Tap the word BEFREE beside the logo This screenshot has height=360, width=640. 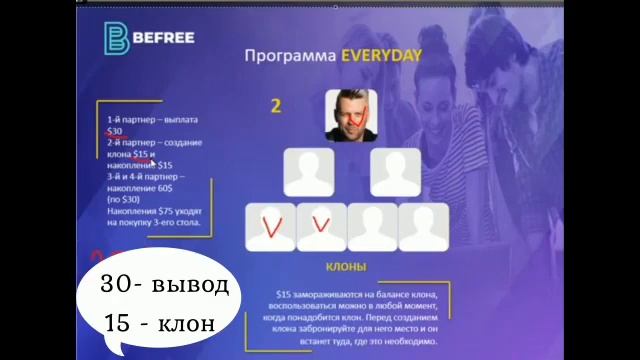coord(159,40)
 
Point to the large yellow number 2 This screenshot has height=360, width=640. coord(277,106)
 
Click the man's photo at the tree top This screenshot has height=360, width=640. coord(350,115)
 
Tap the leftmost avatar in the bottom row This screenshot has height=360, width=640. coord(270,227)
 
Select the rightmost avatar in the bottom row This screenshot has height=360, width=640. coord(423,227)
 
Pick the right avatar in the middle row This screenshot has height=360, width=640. coord(395,172)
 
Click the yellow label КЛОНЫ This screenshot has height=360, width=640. coord(346,267)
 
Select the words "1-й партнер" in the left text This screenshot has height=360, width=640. coord(131,119)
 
